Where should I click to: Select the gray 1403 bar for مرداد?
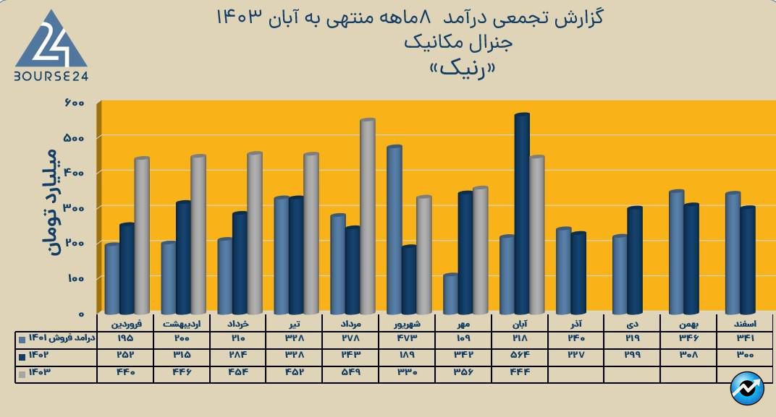click(367, 217)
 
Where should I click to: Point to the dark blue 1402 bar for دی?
click(635, 260)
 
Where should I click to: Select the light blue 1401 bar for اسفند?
click(733, 253)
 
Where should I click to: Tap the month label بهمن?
click(690, 324)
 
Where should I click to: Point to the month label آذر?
click(576, 324)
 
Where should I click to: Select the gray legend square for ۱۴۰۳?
click(22, 374)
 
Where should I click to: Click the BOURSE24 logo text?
click(51, 75)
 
